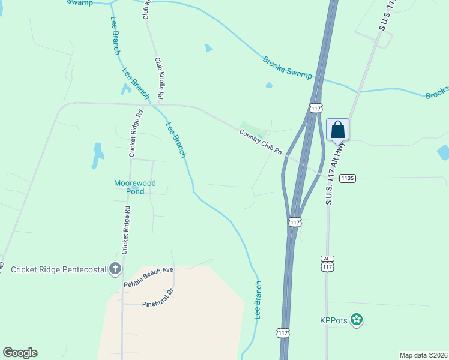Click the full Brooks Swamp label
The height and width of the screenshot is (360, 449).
coord(288,67)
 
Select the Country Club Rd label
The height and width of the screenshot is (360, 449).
coord(261,143)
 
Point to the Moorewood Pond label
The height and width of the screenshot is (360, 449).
coord(135,187)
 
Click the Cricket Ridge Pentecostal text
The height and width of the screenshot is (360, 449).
coord(58,269)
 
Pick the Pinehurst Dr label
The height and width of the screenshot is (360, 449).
coord(157,304)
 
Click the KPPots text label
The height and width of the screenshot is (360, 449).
coord(334,320)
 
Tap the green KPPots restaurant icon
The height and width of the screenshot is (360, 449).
coord(357,320)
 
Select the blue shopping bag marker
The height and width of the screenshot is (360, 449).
coord(338,130)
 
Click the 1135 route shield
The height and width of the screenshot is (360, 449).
coord(348,178)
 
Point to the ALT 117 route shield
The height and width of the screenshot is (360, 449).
coord(327,263)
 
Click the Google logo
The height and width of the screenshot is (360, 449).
coord(20,353)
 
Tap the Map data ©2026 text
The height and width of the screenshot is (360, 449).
coord(423,355)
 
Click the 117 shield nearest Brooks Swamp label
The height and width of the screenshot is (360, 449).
coord(316,108)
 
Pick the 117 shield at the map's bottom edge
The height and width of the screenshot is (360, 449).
coord(282,332)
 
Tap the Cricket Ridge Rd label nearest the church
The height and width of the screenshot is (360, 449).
coord(125,230)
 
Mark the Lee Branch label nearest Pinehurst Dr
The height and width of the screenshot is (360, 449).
coord(258,299)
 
